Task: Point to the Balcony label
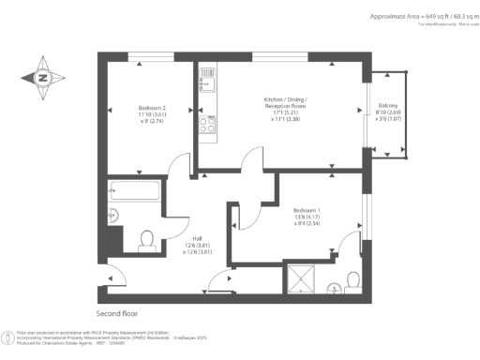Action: click(x=388, y=106)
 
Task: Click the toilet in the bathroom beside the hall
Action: click(x=145, y=241)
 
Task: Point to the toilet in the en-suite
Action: click(x=352, y=279)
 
